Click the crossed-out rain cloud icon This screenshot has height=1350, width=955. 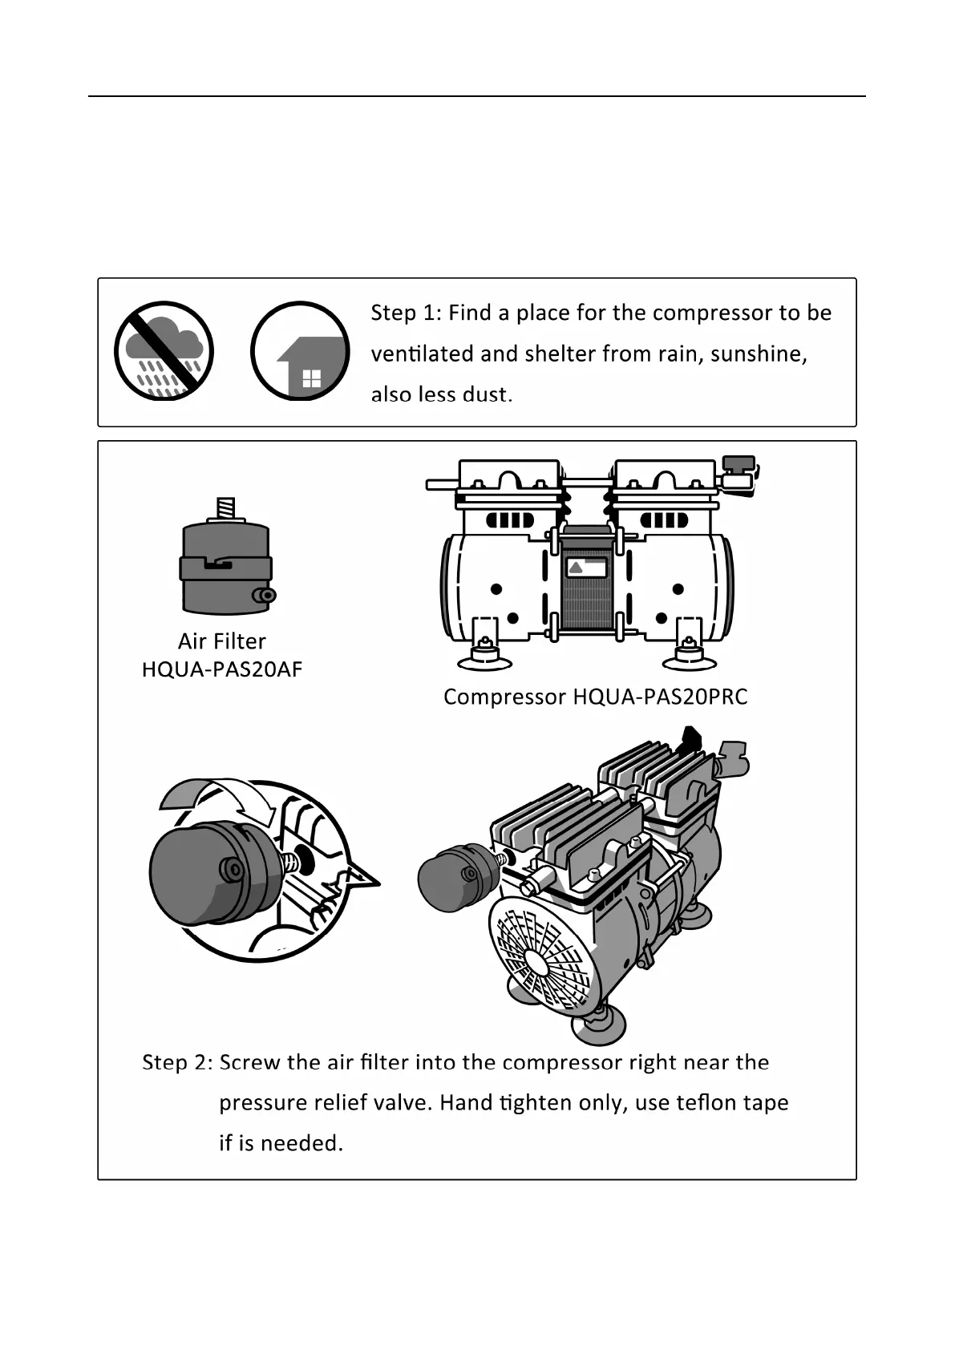164,350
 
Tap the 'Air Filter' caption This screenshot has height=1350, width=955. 221,641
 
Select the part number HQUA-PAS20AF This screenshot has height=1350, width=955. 221,669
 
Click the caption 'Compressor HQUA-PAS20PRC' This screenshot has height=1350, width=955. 595,697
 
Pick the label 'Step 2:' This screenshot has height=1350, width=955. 176,1063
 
